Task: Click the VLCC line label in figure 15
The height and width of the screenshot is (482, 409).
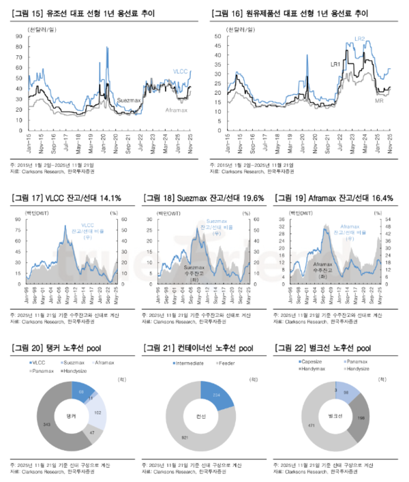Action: [179, 72]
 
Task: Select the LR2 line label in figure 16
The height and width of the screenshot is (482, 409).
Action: [359, 39]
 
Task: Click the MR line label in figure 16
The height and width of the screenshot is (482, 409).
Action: [380, 100]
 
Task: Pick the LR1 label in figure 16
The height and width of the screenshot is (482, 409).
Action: [335, 65]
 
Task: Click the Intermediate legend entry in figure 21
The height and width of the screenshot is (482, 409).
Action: [188, 363]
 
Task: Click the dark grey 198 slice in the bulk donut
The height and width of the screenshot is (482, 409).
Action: [361, 417]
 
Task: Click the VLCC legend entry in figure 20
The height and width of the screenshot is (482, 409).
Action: [40, 363]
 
